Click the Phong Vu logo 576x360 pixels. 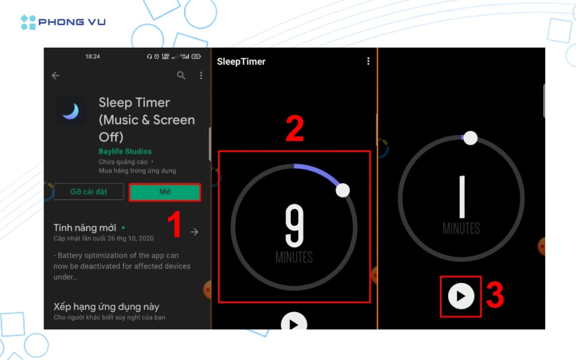coord(63,22)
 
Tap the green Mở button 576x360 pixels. coord(165,192)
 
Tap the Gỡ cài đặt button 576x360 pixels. coord(89,192)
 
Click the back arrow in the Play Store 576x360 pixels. coord(56,76)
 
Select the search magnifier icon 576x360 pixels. coord(181,75)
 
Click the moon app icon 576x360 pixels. coord(71,111)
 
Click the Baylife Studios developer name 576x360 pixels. coord(125,151)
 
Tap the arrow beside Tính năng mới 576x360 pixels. coord(194,232)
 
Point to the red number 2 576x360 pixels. coord(295,129)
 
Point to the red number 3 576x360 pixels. coord(495,295)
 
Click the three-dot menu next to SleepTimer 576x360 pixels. coord(368,61)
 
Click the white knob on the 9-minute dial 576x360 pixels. coord(343,190)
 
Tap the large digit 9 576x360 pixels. coord(294,226)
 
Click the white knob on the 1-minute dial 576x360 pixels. coord(470,138)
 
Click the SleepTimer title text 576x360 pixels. coord(241,62)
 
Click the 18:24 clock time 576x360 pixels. coord(92,56)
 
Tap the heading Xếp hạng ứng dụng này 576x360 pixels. coord(106,307)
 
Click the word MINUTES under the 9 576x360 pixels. coord(294,257)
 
